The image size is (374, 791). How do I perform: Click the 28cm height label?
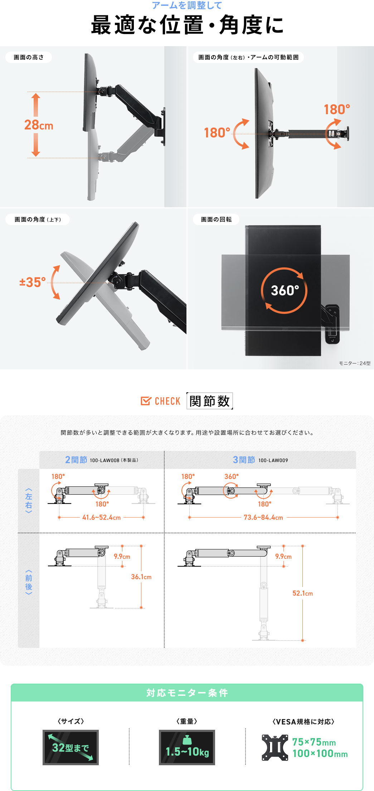point(39,125)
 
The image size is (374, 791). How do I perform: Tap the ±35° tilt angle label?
point(33,282)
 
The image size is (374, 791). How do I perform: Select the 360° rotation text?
point(285,290)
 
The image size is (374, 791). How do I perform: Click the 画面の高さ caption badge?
point(29,57)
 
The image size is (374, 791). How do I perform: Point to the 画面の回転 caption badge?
point(216,219)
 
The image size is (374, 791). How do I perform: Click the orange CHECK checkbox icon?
point(146,401)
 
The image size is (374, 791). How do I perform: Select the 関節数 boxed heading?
point(209,401)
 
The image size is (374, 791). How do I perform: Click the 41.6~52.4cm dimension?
point(102,517)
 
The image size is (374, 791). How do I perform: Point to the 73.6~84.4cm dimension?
point(263,517)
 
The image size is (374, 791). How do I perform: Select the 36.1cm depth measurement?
point(141,577)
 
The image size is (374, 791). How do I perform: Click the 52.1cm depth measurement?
point(303,593)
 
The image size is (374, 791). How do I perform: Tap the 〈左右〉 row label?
point(29,501)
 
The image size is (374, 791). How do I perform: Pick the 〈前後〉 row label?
point(29,582)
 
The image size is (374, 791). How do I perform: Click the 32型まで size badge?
point(71,747)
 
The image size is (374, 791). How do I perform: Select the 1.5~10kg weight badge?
point(187,747)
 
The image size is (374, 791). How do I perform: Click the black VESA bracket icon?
point(275,747)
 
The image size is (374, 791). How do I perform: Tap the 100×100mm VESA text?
point(320,753)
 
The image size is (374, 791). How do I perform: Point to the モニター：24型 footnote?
point(355,363)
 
